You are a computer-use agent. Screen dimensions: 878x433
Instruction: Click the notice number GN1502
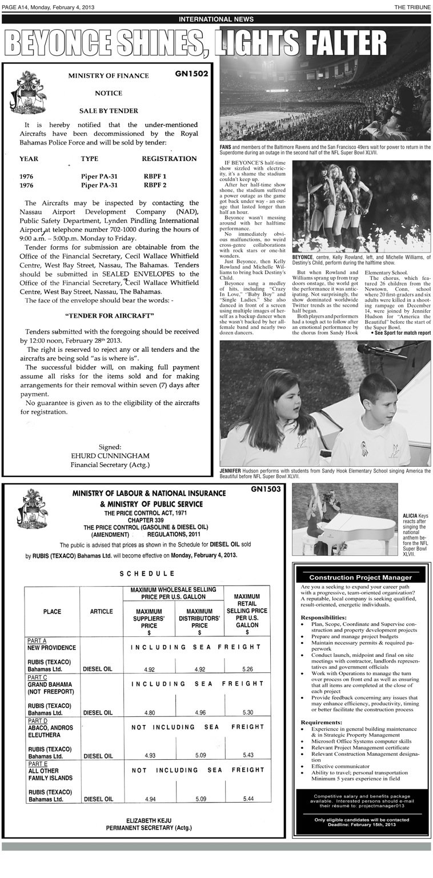(192, 74)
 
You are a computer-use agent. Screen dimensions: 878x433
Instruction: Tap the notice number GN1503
(266, 489)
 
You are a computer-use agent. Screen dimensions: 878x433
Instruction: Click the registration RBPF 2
(155, 185)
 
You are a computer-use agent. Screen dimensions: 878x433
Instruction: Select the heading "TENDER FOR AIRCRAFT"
(109, 315)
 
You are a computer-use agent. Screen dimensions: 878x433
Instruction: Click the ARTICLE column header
(101, 612)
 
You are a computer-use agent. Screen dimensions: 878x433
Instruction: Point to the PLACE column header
(52, 612)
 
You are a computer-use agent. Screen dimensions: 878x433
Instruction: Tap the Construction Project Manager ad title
(360, 578)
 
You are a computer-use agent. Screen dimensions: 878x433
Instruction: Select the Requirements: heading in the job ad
(321, 722)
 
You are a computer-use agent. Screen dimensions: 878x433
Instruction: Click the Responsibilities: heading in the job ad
(323, 618)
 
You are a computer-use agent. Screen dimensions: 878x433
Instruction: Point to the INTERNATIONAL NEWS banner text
(216, 19)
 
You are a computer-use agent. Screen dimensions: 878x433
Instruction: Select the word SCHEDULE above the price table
(147, 573)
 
